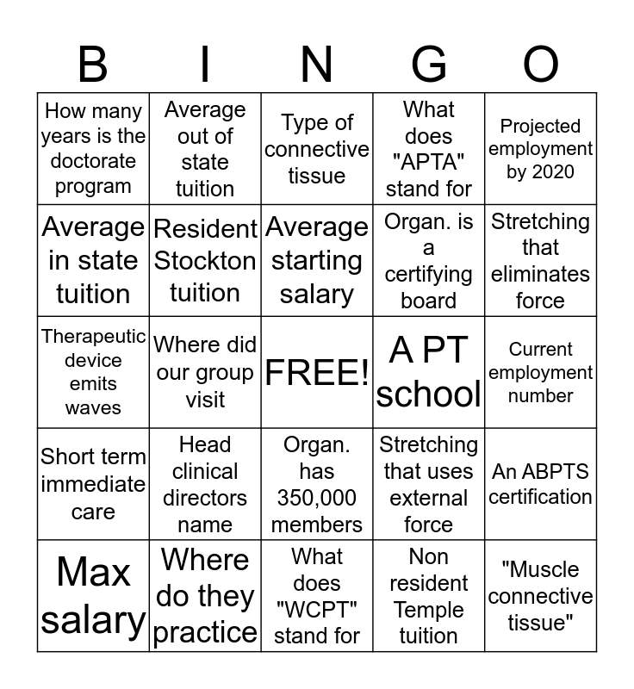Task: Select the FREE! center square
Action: click(317, 372)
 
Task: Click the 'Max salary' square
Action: click(93, 596)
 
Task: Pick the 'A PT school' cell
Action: click(429, 372)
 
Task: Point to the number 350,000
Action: click(317, 498)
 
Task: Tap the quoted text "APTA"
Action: click(429, 163)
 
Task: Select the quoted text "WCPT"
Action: click(317, 611)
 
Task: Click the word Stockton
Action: click(205, 260)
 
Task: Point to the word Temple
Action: click(429, 610)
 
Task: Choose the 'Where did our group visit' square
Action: click(205, 372)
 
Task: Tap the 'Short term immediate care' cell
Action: click(93, 484)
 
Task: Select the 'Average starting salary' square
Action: click(317, 260)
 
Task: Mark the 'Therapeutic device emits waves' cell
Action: click(93, 372)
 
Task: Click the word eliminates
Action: click(541, 274)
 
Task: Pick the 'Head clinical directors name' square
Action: click(205, 484)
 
